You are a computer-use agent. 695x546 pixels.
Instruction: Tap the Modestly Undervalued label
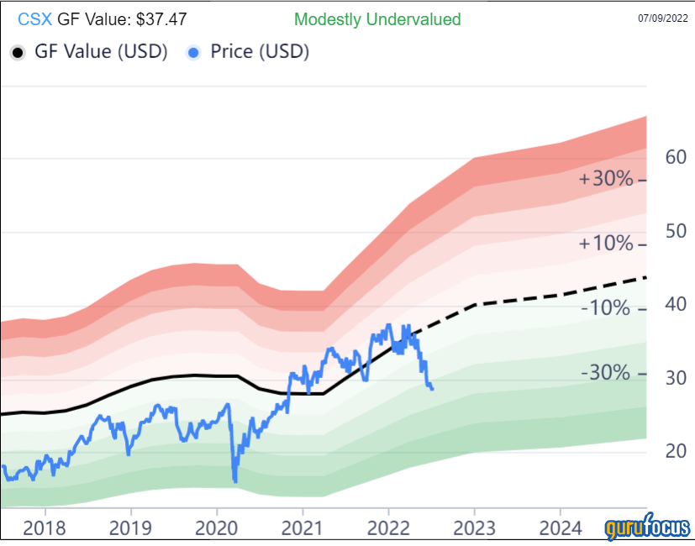point(377,18)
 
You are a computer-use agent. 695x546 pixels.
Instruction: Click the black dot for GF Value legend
point(17,52)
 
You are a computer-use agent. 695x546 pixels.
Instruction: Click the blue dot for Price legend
point(194,52)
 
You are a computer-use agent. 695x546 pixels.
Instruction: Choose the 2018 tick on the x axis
point(44,528)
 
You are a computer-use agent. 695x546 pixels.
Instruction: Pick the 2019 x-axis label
point(130,528)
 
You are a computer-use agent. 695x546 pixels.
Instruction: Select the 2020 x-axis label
point(217,528)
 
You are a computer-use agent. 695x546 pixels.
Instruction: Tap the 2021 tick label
point(303,528)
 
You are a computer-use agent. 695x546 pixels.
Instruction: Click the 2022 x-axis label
point(388,528)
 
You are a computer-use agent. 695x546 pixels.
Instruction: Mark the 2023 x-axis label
point(474,528)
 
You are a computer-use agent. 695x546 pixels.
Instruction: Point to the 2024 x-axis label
point(561,528)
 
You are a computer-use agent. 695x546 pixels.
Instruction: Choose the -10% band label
point(604,308)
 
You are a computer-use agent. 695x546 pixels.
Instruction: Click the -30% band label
point(604,373)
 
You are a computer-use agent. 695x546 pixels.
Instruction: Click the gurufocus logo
point(647,529)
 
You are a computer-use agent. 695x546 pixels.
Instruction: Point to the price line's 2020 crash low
point(234,480)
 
